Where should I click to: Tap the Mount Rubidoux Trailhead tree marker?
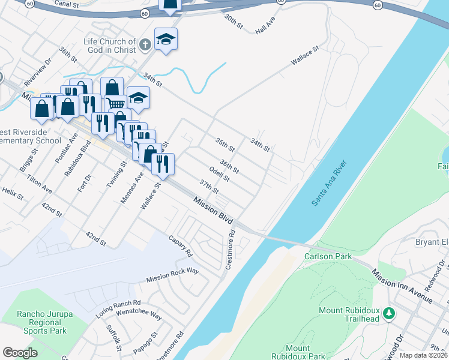pyautogui.click(x=389, y=313)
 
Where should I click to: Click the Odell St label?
pyautogui.click(x=220, y=173)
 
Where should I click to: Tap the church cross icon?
pyautogui.click(x=145, y=44)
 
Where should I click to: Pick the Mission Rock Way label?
pyautogui.click(x=172, y=275)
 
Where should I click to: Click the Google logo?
pyautogui.click(x=20, y=353)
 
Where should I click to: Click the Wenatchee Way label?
pyautogui.click(x=139, y=314)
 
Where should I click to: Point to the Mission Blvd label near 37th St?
pyautogui.click(x=212, y=209)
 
